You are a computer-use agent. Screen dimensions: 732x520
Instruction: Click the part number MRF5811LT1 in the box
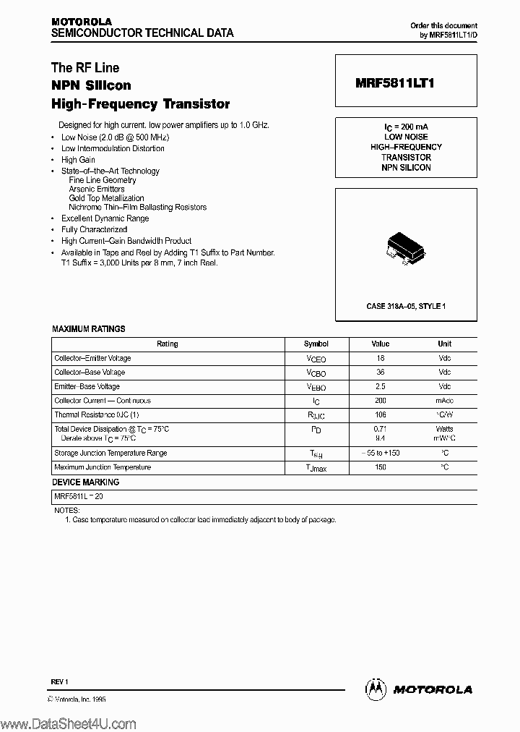coord(394,83)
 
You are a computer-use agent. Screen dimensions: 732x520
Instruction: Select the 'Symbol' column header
coord(316,344)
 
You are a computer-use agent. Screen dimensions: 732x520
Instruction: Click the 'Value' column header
coord(381,344)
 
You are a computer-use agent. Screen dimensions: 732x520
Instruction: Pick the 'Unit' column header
coord(444,344)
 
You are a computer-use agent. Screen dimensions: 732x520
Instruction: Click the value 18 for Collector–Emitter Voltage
coord(381,358)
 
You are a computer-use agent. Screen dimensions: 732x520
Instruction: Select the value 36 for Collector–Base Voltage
coord(381,373)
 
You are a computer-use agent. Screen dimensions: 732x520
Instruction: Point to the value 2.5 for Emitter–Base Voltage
coord(381,386)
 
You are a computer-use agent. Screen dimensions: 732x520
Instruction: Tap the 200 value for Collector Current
coord(381,401)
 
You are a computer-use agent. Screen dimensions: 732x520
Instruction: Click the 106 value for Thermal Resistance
coord(381,415)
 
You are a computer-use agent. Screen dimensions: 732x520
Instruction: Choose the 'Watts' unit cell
coord(444,430)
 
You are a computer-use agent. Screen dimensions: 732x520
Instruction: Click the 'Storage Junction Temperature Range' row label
coord(110,454)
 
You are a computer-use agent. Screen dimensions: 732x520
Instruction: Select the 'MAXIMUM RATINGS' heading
coord(88,329)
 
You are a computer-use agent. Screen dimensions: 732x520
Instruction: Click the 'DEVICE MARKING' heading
coord(85,482)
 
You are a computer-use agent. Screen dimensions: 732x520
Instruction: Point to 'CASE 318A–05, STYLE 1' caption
coord(405,306)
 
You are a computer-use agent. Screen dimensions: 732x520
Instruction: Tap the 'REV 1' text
coord(59,682)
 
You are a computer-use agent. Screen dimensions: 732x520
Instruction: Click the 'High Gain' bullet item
coord(78,160)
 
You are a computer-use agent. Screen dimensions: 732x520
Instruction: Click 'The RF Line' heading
coord(85,68)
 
